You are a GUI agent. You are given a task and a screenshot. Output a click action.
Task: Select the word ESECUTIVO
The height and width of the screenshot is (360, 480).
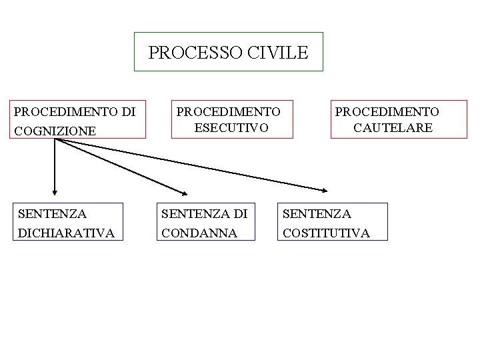231,127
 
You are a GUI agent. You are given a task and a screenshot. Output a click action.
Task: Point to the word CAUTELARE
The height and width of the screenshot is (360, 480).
393,127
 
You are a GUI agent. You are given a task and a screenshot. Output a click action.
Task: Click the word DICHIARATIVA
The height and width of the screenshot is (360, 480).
67,233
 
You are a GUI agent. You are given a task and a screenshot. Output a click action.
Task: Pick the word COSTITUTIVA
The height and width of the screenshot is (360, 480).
327,233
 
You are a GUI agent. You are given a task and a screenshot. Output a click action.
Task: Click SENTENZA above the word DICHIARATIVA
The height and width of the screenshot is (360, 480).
53,214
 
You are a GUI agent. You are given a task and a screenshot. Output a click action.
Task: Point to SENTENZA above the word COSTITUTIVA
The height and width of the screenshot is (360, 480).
317,214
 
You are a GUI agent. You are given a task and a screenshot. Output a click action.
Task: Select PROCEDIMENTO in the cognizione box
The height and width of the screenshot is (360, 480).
65,111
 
